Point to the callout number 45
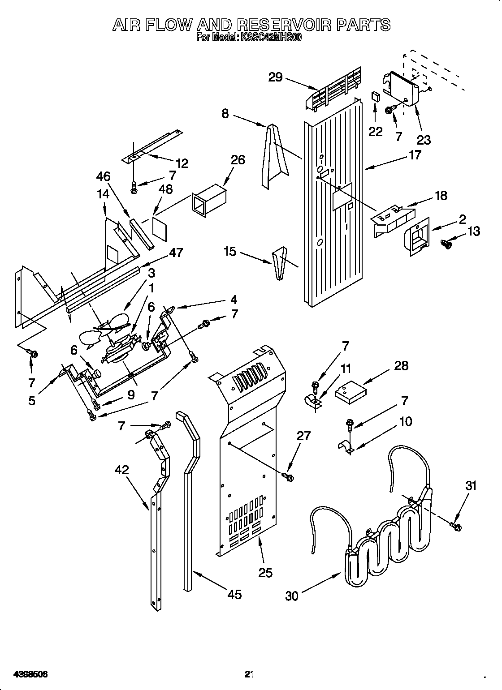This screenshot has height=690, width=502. tap(234, 594)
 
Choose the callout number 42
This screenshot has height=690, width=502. tap(121, 470)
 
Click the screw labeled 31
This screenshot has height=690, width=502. tap(456, 527)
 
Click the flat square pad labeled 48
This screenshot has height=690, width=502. tap(160, 226)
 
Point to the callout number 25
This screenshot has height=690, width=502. tap(265, 573)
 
